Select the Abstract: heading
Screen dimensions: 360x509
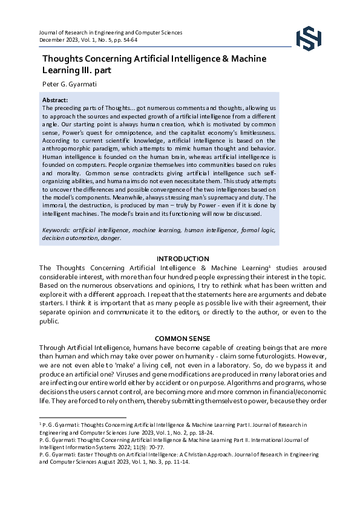pyautogui.click(x=55, y=100)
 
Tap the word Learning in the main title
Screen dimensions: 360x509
pyautogui.click(x=62, y=70)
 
